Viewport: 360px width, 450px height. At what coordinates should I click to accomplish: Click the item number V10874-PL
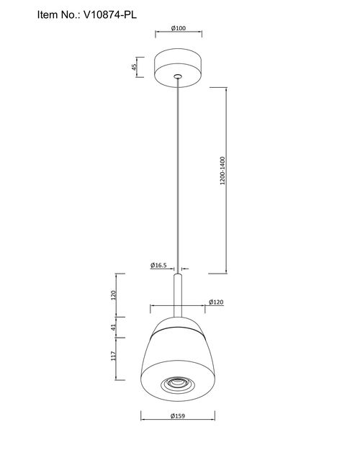coord(110,14)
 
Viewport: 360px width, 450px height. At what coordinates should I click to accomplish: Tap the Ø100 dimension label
coord(179,28)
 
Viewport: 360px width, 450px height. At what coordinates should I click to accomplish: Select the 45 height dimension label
coord(134,67)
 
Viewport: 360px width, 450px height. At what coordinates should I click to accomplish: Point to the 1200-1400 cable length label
coord(222,171)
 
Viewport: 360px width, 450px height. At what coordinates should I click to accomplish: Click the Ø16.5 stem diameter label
coord(158,265)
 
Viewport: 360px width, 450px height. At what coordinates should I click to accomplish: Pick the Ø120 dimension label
coord(216,302)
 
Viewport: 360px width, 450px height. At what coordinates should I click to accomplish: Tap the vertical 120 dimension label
coord(113,295)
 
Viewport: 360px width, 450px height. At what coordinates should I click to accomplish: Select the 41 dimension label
coord(113,327)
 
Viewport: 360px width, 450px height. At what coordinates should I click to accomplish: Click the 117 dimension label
coord(113,356)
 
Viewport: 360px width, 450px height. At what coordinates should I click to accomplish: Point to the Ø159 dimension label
coord(178,416)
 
